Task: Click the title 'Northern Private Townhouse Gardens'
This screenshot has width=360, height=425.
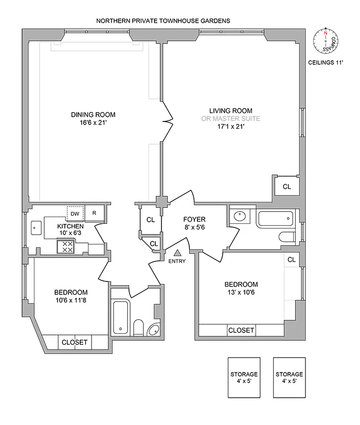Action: coord(163,21)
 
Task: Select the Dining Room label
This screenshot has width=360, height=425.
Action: coord(93,115)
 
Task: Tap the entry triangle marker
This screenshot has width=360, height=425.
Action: coord(178,253)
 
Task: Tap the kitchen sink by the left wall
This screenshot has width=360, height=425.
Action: coord(37,226)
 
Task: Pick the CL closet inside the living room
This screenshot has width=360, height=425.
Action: coord(286,187)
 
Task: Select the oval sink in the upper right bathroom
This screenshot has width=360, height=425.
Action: coord(238,217)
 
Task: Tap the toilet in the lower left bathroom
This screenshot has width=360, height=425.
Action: coord(138,327)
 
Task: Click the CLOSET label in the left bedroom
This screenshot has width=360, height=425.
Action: coord(75,342)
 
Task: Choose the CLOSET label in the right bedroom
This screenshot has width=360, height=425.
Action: coord(241,330)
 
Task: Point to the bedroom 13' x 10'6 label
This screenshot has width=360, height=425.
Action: coord(241,288)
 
